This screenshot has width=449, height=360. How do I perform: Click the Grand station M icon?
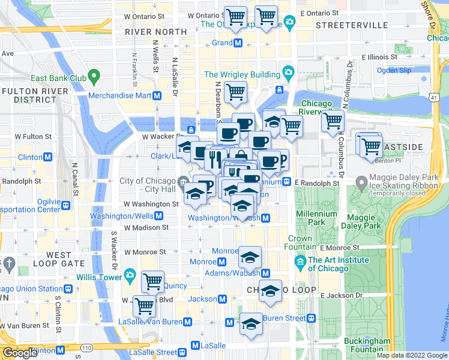click(238, 43)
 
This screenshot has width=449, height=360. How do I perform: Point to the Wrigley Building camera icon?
click(288, 74)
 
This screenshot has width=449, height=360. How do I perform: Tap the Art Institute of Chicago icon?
click(300, 262)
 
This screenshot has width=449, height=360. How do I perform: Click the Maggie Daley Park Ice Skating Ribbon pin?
click(361, 182)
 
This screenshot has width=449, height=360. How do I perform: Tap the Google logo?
click(20, 353)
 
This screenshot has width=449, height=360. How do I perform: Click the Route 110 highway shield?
click(87, 347)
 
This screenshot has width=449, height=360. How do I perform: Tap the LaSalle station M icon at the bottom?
click(194, 346)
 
